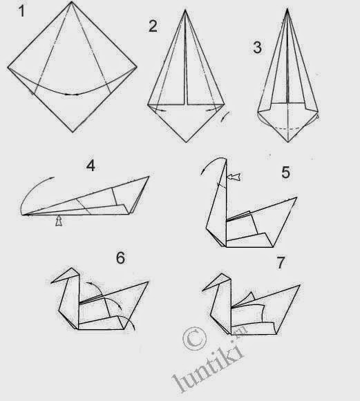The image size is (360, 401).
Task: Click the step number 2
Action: click(x=153, y=27)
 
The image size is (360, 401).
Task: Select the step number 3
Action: click(x=256, y=48)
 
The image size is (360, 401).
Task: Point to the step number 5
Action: click(x=286, y=172)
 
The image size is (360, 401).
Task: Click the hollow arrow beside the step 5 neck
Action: click(x=235, y=179)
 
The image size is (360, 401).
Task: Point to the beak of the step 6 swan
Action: click(x=53, y=282)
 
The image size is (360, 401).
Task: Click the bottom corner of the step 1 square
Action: click(x=73, y=131)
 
